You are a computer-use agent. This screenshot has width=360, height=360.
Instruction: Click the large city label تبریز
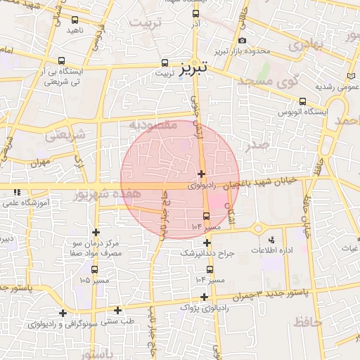[x=194, y=70]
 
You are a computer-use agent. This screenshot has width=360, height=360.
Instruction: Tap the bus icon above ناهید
[x=75, y=20]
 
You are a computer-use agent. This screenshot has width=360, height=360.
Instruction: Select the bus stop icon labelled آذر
[x=195, y=14]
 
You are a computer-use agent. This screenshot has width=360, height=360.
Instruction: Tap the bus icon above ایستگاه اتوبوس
[x=302, y=101]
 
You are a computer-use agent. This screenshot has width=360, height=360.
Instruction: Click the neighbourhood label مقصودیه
[x=152, y=124]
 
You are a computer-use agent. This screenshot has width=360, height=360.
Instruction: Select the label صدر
[x=259, y=146]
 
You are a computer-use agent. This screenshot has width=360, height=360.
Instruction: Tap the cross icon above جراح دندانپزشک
[x=207, y=242]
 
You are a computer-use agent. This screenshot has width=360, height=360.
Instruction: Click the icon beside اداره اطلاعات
[x=259, y=229]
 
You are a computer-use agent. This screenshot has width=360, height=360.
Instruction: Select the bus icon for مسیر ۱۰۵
[x=94, y=269]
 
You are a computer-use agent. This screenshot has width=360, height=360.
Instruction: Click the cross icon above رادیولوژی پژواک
[x=204, y=297]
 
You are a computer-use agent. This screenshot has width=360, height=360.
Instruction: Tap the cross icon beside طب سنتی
[x=117, y=310]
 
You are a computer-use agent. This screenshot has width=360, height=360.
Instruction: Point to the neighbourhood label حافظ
[x=302, y=322]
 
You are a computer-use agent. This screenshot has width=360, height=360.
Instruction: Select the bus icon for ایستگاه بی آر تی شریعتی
[x=63, y=61]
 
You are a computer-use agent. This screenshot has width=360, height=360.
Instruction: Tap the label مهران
[x=40, y=162]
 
